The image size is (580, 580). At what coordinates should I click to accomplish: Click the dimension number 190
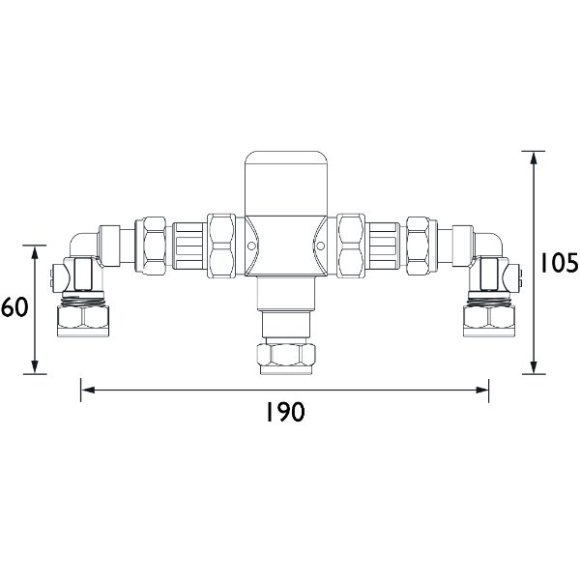pos(284,413)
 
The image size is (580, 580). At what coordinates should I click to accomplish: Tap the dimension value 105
pos(558,263)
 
